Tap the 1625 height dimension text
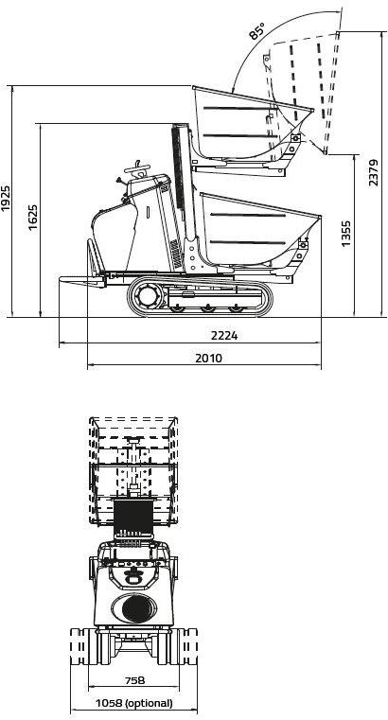[x=33, y=217]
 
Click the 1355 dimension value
[x=347, y=234]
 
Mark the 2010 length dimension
[x=208, y=358]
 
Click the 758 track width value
[x=134, y=680]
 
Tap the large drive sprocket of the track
[x=148, y=296]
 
